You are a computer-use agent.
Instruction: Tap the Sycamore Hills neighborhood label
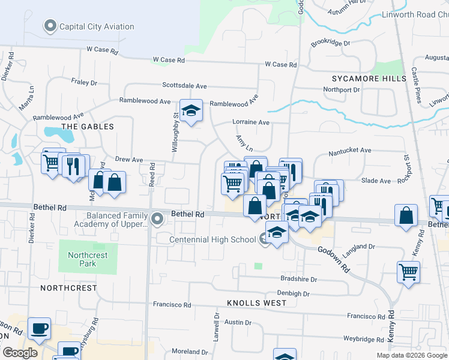pos(365,79)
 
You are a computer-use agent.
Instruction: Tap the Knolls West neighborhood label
pos(257,303)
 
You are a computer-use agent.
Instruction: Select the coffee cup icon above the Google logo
pos(40,328)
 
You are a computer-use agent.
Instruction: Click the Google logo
pos(19,352)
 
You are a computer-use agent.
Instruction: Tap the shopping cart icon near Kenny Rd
pos(409,272)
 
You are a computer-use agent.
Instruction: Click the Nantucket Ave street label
pos(350,153)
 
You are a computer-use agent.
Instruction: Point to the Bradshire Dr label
pos(298,279)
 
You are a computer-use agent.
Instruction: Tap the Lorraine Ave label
pos(251,122)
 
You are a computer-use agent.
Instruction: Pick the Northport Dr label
pos(341,90)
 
